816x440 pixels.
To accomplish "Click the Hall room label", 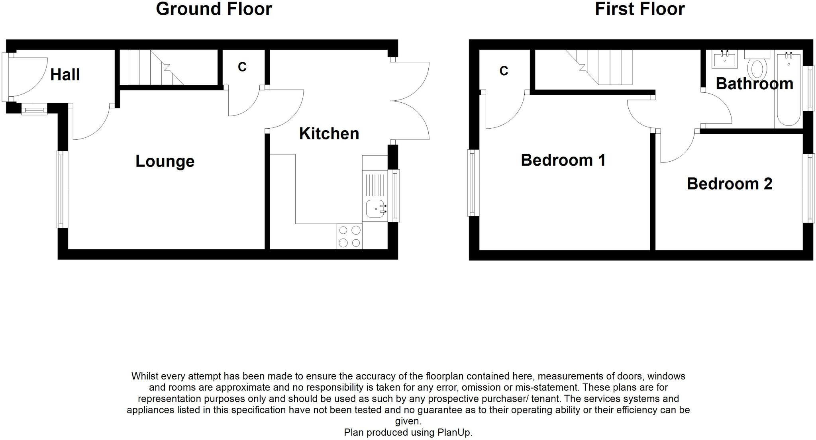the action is tap(65, 74).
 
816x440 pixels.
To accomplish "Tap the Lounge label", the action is tap(165, 161).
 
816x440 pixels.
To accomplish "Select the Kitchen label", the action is tap(329, 134).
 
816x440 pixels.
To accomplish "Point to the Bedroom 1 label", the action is tap(563, 160).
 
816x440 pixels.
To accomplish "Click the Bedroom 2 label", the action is tap(730, 184).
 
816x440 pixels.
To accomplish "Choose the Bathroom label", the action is tap(755, 84).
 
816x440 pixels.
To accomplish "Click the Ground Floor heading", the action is tap(214, 9).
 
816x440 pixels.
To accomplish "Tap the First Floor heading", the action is tap(640, 9).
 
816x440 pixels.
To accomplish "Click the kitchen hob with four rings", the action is tap(349, 237).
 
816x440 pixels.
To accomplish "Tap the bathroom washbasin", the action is tap(724, 59).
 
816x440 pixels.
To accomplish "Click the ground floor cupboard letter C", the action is tap(242, 67).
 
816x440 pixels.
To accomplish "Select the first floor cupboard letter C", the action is tap(504, 71).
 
